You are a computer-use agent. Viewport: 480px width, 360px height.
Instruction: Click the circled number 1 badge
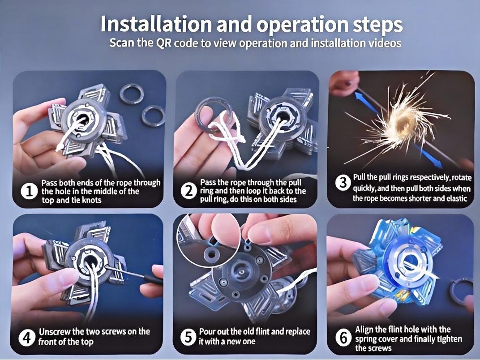point(29,192)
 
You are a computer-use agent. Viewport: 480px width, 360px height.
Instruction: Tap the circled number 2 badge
point(189,191)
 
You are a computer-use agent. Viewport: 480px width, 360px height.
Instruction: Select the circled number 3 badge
point(343,183)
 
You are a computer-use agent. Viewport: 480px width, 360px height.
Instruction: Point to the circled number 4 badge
point(27,338)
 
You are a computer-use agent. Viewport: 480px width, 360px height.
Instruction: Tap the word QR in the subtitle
point(164,43)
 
